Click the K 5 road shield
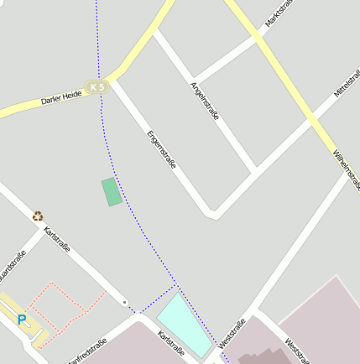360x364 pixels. click(97, 86)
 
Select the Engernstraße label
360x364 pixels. click(161, 150)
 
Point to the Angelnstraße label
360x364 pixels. click(205, 101)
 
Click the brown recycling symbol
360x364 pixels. click(38, 216)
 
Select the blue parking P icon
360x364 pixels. click(22, 319)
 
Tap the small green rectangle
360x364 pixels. click(111, 192)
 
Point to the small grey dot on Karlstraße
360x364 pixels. click(125, 302)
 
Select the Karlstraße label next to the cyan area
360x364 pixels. click(171, 342)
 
